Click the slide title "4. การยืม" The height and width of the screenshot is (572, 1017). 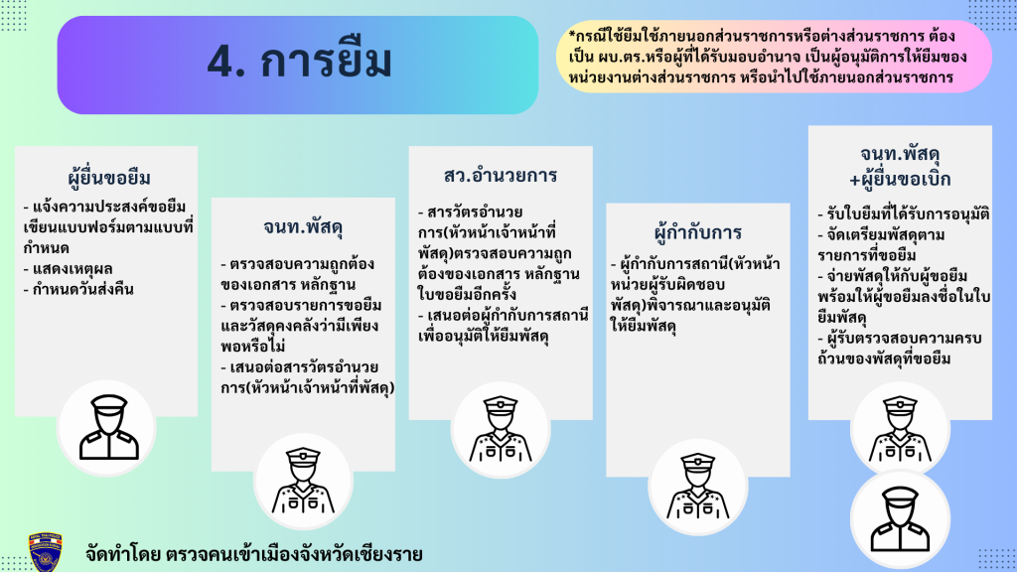click(300, 63)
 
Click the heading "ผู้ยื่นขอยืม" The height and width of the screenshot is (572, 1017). click(109, 178)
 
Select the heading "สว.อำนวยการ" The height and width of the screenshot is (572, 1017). click(501, 175)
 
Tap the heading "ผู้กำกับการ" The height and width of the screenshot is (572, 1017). click(698, 232)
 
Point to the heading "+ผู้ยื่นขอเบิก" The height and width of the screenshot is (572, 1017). click(900, 180)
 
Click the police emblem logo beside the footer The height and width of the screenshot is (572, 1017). click(46, 552)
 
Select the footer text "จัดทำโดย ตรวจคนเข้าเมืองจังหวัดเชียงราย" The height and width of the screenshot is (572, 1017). click(253, 554)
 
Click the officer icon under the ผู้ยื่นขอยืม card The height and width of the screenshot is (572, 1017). click(108, 427)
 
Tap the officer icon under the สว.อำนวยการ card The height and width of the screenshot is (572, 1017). click(501, 429)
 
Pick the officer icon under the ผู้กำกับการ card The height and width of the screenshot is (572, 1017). click(698, 487)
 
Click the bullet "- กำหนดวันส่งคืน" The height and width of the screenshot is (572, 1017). click(78, 289)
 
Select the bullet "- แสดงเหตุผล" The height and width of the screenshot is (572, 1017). click(69, 268)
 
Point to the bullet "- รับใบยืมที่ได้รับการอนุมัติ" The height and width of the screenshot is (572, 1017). click(904, 214)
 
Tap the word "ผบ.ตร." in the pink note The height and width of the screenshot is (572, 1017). click(621, 57)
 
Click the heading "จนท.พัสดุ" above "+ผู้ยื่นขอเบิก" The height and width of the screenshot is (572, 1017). click(900, 154)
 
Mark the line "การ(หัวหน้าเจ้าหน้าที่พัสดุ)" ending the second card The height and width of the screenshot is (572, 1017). click(307, 388)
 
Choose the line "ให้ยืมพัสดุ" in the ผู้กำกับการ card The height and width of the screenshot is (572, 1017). click(643, 326)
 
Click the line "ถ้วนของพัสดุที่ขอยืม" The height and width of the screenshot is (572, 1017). click(884, 358)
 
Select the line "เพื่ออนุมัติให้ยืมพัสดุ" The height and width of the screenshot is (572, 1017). click(484, 337)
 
